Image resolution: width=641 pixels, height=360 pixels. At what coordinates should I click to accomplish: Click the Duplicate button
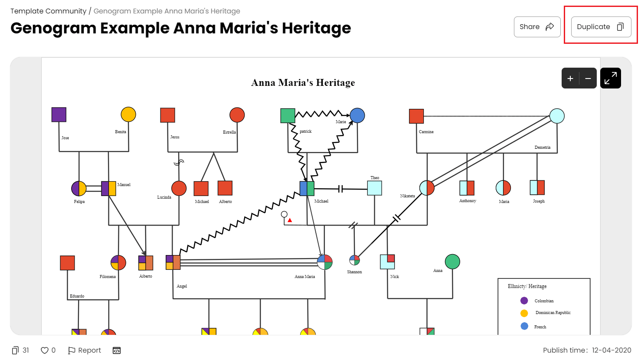(x=601, y=26)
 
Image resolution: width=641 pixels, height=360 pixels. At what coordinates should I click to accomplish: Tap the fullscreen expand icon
(x=610, y=78)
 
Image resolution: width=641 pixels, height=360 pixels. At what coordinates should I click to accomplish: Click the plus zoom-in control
(x=570, y=79)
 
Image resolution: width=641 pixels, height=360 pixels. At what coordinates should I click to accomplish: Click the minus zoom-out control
(x=588, y=79)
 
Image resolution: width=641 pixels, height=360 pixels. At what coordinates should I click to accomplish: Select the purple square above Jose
(x=59, y=115)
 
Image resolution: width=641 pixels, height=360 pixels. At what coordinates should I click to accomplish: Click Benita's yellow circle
(x=128, y=115)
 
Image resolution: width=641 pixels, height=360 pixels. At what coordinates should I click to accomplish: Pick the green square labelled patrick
(x=288, y=116)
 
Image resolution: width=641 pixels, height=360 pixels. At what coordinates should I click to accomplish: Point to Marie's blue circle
(x=357, y=116)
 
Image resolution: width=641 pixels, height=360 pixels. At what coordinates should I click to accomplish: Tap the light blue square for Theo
(x=375, y=188)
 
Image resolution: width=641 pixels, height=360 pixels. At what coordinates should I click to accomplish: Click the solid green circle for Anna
(x=452, y=262)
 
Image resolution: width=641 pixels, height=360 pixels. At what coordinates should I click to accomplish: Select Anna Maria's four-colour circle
(x=325, y=262)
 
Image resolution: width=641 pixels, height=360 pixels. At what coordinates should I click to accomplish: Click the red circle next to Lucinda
(x=179, y=188)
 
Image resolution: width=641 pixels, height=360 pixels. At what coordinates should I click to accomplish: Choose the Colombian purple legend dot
(x=524, y=301)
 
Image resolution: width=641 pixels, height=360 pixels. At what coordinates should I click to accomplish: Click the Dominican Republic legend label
(x=553, y=312)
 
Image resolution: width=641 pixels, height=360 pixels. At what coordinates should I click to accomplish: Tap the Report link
(x=85, y=350)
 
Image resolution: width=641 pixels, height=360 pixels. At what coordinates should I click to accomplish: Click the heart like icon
(x=45, y=350)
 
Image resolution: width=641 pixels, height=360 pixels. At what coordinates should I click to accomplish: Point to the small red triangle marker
(x=290, y=220)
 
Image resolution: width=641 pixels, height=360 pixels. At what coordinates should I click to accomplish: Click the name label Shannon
(x=354, y=272)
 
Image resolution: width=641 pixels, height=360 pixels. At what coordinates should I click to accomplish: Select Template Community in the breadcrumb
(x=49, y=11)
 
